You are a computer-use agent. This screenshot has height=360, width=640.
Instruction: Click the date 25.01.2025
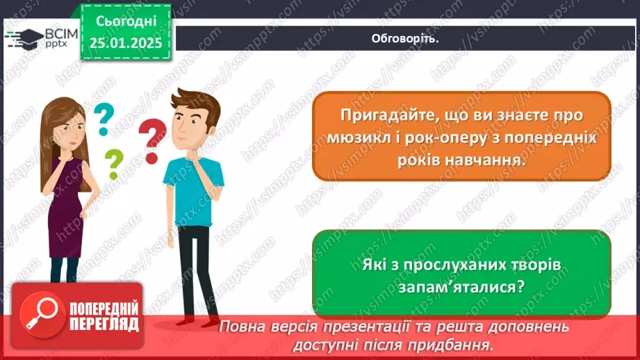pyautogui.click(x=125, y=44)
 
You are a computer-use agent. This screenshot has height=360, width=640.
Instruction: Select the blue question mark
pyautogui.click(x=103, y=117)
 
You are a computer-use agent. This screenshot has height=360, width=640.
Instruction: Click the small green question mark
pyautogui.click(x=113, y=163)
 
